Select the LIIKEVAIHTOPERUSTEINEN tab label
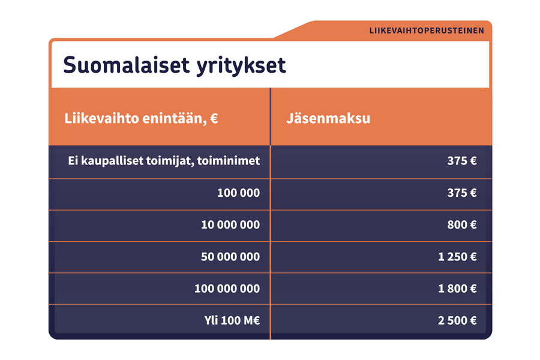[x=427, y=31]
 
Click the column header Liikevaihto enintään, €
[x=141, y=118]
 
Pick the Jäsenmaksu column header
[x=328, y=118]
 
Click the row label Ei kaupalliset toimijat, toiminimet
[x=164, y=161]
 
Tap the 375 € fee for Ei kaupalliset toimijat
[x=461, y=161]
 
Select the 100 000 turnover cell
[x=238, y=193]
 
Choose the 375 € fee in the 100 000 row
[x=461, y=193]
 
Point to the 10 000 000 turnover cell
[x=230, y=225]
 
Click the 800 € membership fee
[x=461, y=225]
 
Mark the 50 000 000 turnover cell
[x=230, y=257]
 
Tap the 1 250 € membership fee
[x=457, y=257]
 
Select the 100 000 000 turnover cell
[x=227, y=289]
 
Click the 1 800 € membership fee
[x=457, y=289]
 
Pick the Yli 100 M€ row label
[x=232, y=320]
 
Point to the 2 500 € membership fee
[x=457, y=320]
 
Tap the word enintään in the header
[x=173, y=118]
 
